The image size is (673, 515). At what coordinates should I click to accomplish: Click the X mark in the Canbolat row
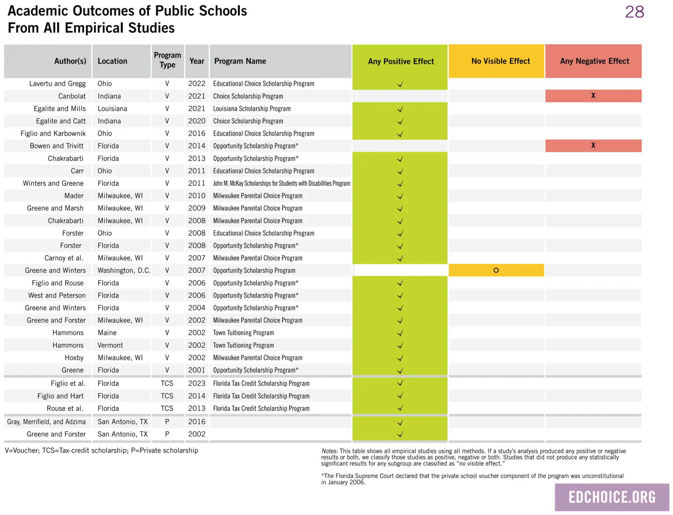(593, 95)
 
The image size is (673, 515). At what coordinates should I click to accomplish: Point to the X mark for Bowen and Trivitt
(593, 145)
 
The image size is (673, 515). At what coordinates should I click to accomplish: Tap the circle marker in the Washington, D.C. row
(496, 270)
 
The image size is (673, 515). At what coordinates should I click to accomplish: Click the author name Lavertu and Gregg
(57, 84)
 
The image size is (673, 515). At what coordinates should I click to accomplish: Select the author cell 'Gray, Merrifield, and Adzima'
(46, 422)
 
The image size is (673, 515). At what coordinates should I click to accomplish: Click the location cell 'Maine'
(107, 333)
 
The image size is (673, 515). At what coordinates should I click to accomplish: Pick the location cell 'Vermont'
(110, 345)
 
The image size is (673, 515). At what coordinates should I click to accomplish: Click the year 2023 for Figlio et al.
(196, 383)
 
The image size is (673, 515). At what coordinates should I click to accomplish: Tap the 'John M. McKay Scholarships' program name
(282, 183)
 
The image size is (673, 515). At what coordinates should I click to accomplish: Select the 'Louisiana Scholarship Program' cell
(252, 108)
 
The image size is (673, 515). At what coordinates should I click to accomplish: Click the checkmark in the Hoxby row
(400, 358)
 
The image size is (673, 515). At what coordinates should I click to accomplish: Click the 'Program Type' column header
(168, 60)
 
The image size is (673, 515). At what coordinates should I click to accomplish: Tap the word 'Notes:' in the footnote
(329, 451)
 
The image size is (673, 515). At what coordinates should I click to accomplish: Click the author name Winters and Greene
(53, 183)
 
